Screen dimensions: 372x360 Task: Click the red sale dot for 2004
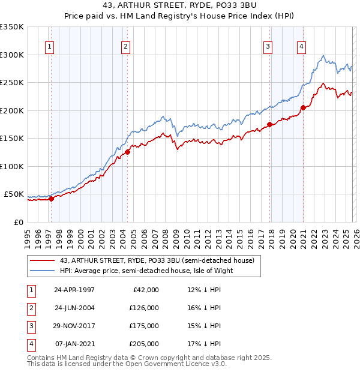pos(128,152)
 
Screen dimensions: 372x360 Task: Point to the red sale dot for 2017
pos(270,125)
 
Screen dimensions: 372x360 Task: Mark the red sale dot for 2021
pos(303,108)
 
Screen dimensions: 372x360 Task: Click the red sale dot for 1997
pos(52,199)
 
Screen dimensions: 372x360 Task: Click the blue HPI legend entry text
pos(146,271)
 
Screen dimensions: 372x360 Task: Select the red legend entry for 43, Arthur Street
pos(157,260)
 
